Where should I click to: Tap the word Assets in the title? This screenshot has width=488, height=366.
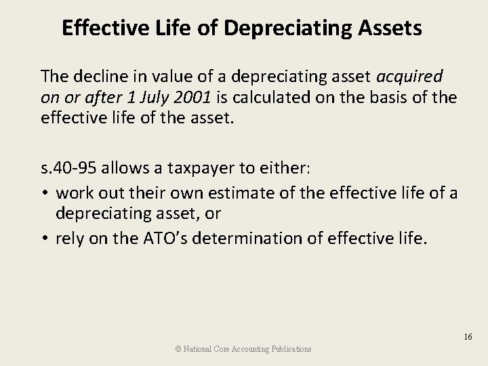pyautogui.click(x=388, y=28)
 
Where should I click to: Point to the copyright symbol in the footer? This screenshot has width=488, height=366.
pyautogui.click(x=178, y=349)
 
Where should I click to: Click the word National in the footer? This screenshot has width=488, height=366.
pyautogui.click(x=197, y=349)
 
